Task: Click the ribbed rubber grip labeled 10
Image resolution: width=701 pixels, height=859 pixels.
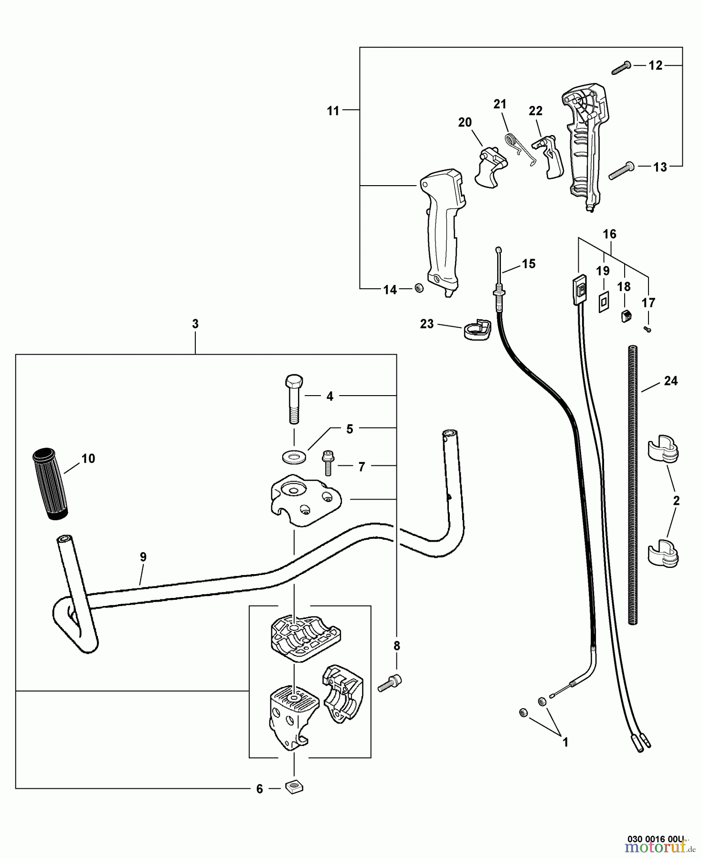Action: click(50, 483)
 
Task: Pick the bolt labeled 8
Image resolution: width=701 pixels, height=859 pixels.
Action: click(390, 684)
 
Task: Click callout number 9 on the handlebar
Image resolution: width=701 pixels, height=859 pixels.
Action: click(143, 557)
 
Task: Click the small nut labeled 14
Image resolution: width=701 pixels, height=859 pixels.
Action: click(419, 288)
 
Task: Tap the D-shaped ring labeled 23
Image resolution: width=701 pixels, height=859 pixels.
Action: click(477, 330)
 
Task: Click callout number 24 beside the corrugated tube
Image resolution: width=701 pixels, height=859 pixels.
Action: click(670, 381)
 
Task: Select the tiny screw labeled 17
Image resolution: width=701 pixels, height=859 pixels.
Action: click(648, 329)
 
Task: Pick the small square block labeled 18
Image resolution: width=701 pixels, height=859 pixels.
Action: click(626, 315)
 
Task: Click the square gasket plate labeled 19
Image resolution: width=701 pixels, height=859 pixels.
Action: click(604, 303)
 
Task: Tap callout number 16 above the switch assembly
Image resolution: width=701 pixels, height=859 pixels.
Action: click(609, 234)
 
